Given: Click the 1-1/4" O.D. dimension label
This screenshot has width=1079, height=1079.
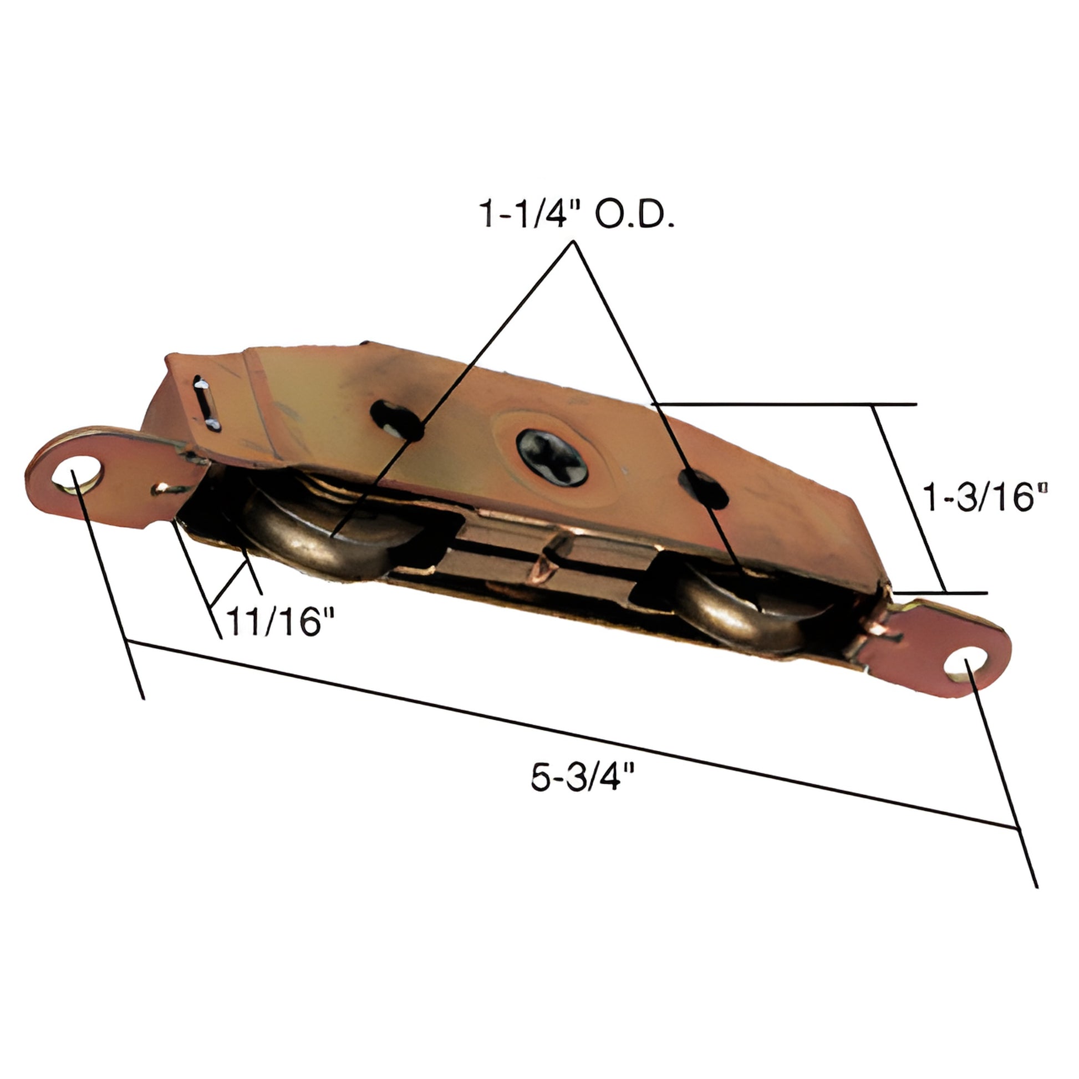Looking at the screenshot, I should click(576, 215).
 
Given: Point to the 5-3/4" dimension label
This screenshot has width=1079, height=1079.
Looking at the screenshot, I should click(583, 777).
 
